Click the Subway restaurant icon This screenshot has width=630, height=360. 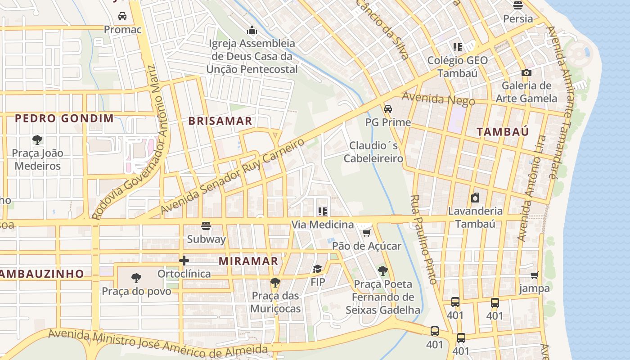pos(206,226)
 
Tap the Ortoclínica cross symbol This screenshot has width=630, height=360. pos(184,261)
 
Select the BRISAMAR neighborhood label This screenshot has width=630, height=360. pos(220,121)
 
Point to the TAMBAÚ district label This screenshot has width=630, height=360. pos(503,132)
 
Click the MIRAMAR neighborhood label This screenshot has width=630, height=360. pos(248,261)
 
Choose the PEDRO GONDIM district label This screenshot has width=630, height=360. pos(64,119)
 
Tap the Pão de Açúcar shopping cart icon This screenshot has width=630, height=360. pos(366,233)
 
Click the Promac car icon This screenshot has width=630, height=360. pos(122,17)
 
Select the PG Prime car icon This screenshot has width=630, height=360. pos(388,109)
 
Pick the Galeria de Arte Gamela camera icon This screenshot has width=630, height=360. pos(526,72)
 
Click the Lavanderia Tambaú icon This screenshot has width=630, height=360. pos(475,198)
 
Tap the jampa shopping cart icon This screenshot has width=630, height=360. pos(534,275)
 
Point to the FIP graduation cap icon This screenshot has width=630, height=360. pos(318,269)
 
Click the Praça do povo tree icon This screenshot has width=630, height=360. pos(136,278)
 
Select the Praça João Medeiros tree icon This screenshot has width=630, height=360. pos(37,140)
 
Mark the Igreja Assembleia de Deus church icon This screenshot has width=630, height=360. pos(252,31)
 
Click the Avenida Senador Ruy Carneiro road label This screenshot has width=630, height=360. pos(232,176)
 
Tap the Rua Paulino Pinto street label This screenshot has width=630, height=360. pos(423,239)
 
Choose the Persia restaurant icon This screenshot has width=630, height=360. pos(518,6)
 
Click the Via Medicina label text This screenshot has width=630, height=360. pos(322,225)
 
